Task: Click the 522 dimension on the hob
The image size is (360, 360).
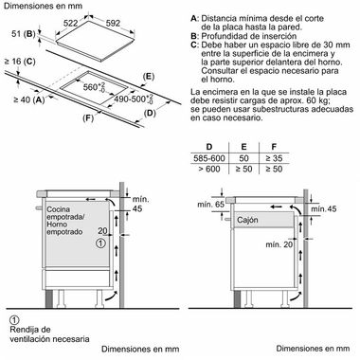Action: coord(70,24)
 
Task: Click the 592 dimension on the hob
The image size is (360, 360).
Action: coord(113,23)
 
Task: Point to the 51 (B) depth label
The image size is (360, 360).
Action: coord(24,33)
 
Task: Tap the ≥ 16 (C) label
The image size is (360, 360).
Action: coord(20,62)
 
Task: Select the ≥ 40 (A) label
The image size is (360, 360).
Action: coord(28,100)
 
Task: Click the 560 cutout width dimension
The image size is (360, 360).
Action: coord(94,87)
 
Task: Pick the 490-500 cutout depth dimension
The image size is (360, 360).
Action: coord(134,99)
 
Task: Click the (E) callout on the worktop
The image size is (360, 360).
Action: coord(148,76)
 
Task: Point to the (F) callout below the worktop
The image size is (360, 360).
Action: coord(88,118)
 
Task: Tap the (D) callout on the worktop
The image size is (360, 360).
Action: coord(150,113)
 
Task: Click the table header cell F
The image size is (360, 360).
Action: coord(274,147)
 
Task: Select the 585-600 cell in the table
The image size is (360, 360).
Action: coord(209,158)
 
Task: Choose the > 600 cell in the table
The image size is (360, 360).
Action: coord(209,169)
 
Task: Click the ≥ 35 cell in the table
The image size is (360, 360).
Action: coord(274,158)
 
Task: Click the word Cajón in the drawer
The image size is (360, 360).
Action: coord(247,220)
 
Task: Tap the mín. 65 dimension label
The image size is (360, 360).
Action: coord(211,205)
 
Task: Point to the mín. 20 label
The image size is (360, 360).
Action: coord(279,244)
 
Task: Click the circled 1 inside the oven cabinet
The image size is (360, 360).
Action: coord(99,243)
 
